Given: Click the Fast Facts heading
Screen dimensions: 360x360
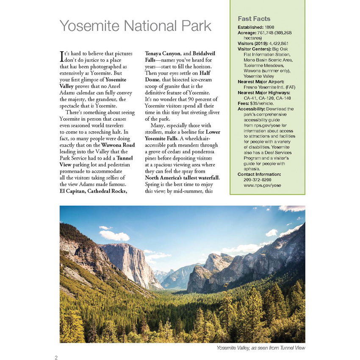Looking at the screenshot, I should (x=254, y=19).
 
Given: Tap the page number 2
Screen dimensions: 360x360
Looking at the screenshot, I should (x=56, y=357).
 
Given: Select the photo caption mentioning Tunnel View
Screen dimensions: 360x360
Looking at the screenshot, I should (x=260, y=348).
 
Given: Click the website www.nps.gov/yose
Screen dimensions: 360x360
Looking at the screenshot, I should (x=263, y=185).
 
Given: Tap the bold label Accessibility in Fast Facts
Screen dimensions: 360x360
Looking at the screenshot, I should (x=252, y=109).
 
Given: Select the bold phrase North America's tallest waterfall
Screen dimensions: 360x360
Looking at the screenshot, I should (x=182, y=177).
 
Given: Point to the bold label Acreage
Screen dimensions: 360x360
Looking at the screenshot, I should (x=247, y=33).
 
